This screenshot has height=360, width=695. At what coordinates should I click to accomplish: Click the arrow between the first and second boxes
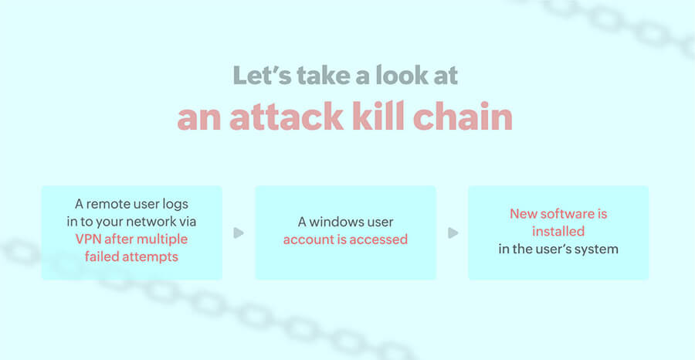(x=239, y=233)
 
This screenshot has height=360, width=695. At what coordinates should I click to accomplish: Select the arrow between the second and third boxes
(x=453, y=233)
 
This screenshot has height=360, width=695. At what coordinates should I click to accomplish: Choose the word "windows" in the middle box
(x=339, y=222)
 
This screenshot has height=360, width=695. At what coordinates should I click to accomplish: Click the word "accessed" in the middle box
(x=378, y=239)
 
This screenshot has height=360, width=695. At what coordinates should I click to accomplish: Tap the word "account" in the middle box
(x=307, y=239)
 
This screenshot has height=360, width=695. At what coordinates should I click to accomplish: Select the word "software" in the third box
(x=568, y=213)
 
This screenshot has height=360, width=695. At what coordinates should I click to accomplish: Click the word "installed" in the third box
(x=558, y=230)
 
